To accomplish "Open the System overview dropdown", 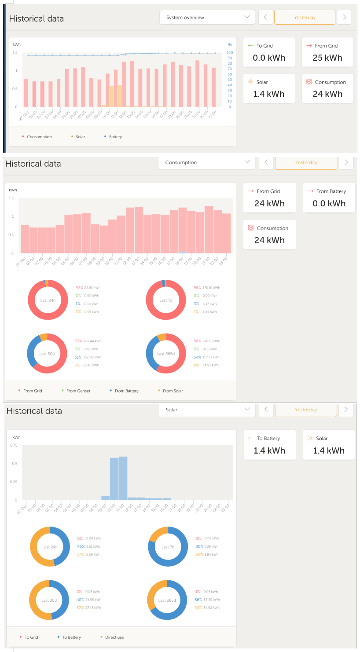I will coord(207,18).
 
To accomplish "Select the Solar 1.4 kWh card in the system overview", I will coord(269,88).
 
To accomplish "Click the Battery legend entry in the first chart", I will coord(115,137).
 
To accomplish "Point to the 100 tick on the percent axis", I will coord(229,52).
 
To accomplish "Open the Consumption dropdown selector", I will coord(207,162).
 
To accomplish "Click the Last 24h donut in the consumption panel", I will coord(47,300).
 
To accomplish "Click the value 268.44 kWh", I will coord(93,341).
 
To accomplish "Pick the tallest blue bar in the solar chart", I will coord(123,477).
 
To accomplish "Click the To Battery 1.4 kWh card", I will coord(269,445).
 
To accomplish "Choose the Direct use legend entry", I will coord(114,637).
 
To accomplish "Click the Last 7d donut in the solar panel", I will coord(168,547).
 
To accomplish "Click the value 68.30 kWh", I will coord(211,600).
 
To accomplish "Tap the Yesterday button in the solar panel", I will coord(306,410).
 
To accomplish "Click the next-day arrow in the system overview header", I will coord(344,18).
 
